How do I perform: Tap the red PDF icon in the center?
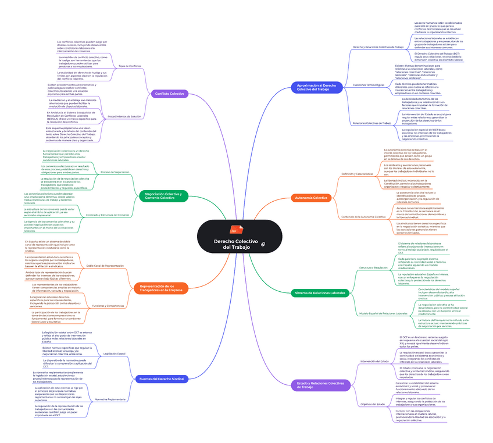[235, 230]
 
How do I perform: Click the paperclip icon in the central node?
[263, 245]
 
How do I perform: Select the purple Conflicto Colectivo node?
[169, 93]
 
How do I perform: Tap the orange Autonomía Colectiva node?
[312, 198]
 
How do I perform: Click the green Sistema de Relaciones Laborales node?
[320, 292]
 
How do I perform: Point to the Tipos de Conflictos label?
[130, 66]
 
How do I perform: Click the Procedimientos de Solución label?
[124, 117]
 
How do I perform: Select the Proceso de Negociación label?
[115, 172]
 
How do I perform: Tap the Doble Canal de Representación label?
[105, 265]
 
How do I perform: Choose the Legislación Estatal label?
[114, 353]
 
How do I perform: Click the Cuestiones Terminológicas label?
[369, 85]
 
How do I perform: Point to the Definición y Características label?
[358, 174]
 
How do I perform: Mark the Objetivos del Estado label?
[373, 403]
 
